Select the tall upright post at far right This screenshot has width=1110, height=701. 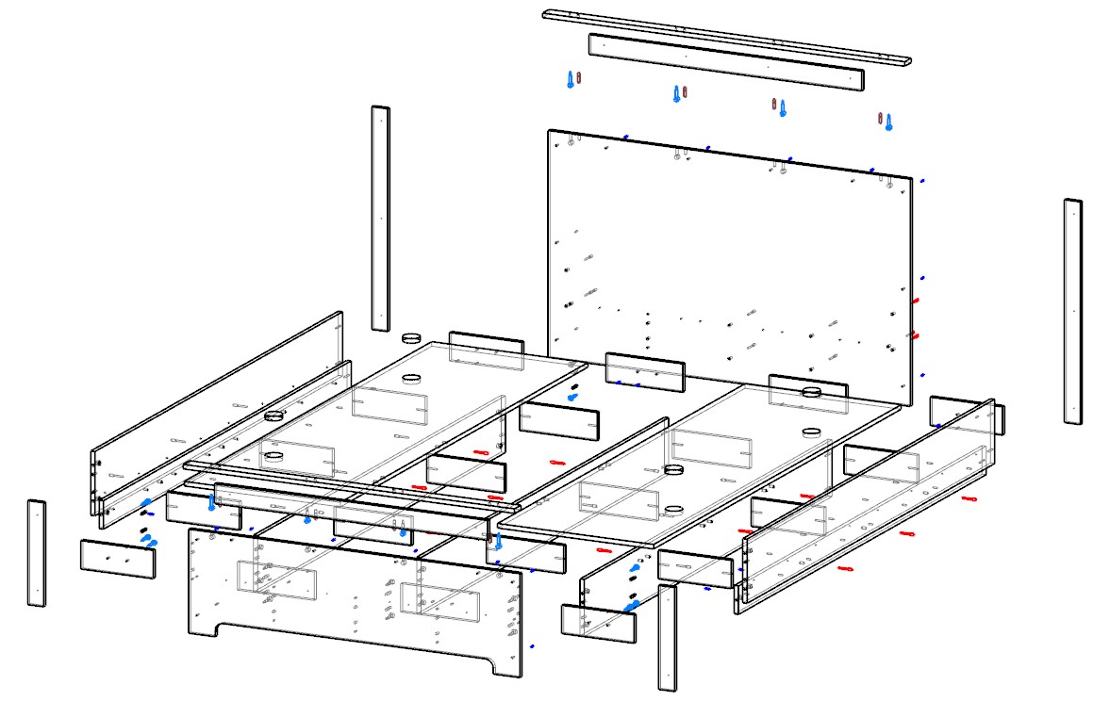(1072, 311)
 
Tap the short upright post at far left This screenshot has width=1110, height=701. (36, 553)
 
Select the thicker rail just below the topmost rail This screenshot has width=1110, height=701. (725, 62)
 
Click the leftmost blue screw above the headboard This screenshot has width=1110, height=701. (570, 80)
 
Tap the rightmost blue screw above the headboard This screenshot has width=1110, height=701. (888, 122)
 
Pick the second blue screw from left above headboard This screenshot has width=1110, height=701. (676, 94)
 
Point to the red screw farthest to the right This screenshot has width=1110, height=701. (969, 498)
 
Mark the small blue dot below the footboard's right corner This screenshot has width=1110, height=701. (533, 647)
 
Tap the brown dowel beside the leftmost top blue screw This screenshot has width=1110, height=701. (580, 77)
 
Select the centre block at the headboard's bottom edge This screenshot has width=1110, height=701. (644, 371)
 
